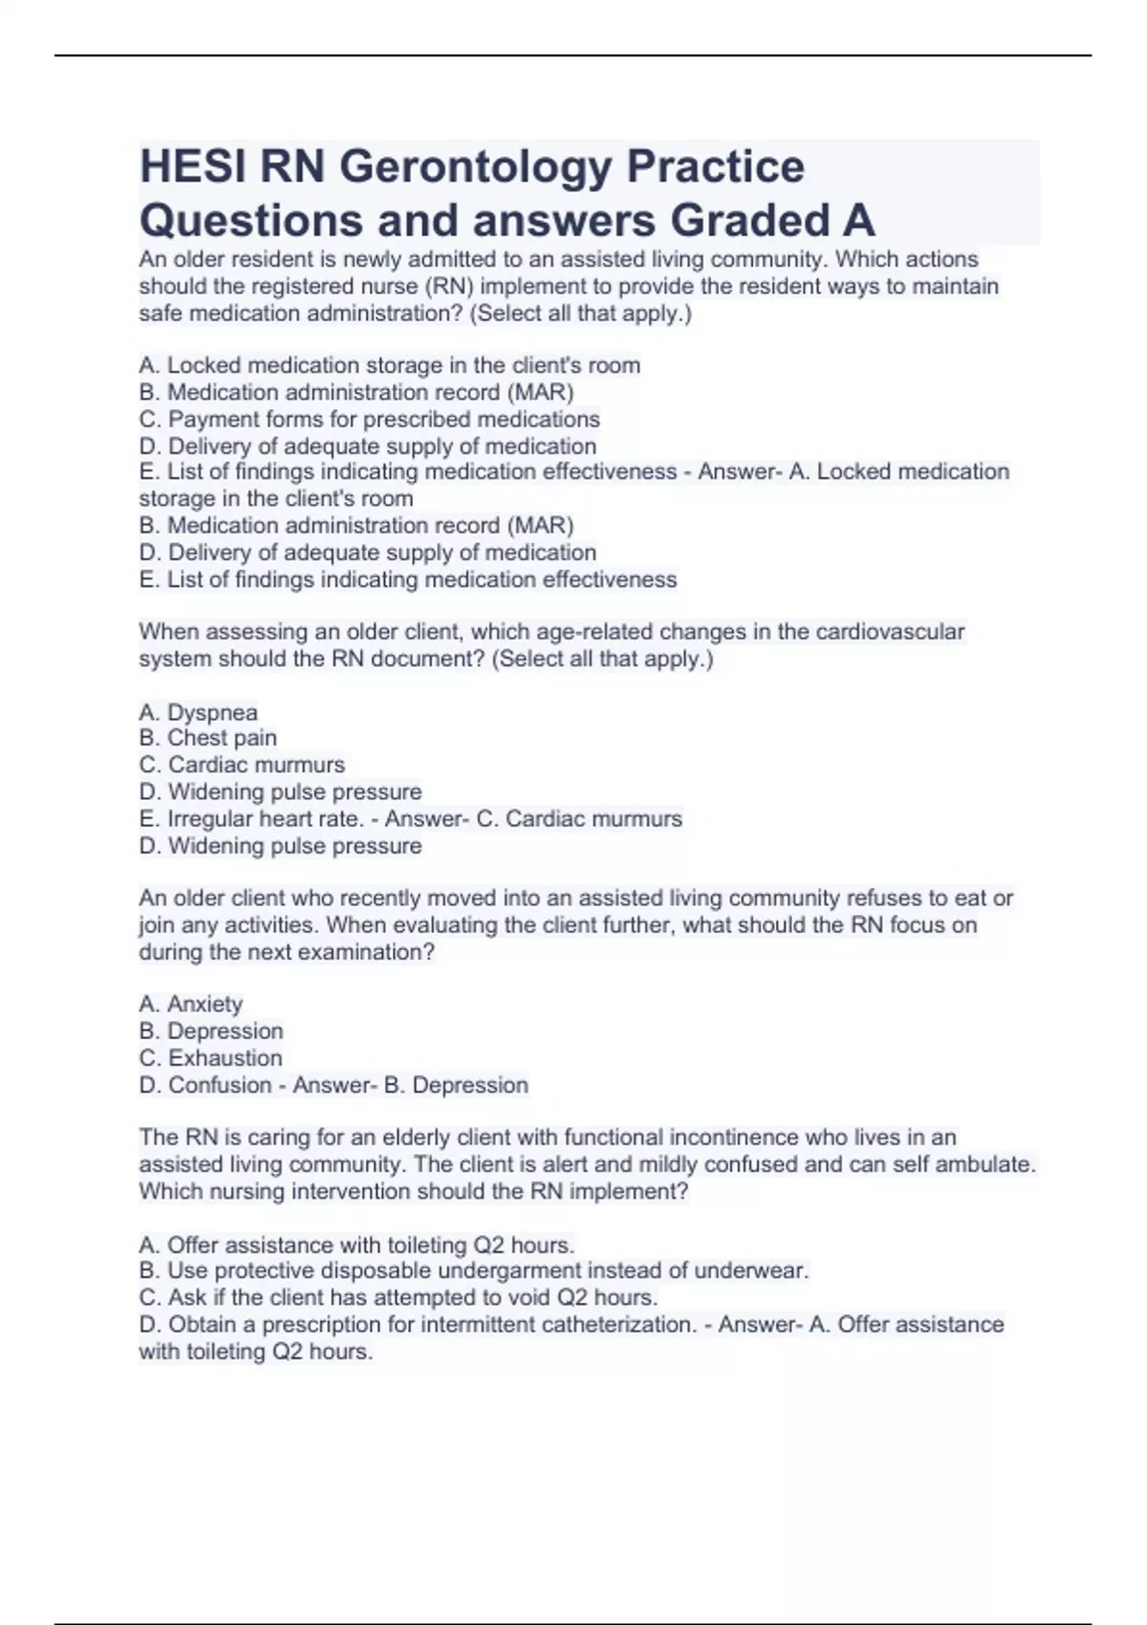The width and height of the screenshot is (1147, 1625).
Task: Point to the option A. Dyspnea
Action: (x=198, y=712)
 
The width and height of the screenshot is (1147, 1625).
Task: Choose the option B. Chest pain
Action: (x=207, y=738)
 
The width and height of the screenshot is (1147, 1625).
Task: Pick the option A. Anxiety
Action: (x=190, y=1004)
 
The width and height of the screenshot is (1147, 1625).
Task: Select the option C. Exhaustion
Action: (x=210, y=1058)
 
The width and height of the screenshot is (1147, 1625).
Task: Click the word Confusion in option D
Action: (x=220, y=1085)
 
